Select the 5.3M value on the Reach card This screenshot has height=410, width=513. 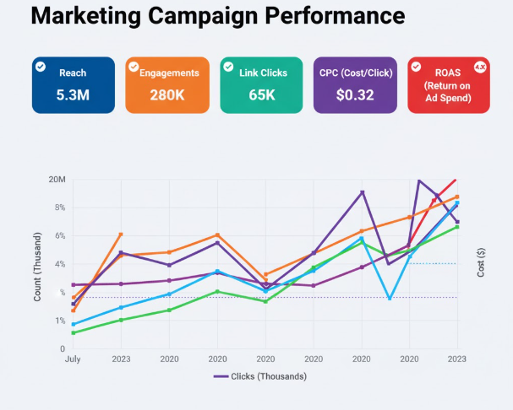73,94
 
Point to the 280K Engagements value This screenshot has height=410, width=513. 167,94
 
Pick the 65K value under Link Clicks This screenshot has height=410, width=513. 261,94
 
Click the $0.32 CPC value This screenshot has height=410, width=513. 355,94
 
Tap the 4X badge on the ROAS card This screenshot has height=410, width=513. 480,67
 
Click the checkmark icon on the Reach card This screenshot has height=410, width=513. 40,67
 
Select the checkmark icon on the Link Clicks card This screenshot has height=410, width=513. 228,67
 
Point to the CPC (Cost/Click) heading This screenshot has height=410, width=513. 356,73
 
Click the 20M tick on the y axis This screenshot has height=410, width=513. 57,180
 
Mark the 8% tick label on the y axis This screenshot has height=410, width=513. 60,208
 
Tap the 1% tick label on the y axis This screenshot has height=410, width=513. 60,321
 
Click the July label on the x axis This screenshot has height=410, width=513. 73,359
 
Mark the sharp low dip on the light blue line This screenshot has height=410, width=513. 389,298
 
